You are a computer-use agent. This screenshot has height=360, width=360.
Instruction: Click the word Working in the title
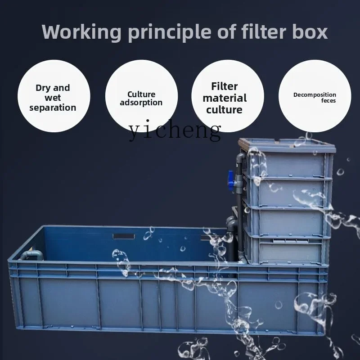pos(81,32)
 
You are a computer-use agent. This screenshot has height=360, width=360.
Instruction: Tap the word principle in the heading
pos(170,32)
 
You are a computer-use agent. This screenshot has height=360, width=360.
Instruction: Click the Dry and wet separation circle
pos(54,96)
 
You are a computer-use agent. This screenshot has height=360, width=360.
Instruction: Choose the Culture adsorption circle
pos(141,96)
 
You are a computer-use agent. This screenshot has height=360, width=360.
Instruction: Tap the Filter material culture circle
pos(228,96)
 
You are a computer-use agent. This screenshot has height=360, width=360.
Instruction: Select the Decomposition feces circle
pos(315,96)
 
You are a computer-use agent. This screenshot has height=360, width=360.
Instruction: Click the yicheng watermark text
pos(175,130)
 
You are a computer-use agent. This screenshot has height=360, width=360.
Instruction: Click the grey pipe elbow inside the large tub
pos(31,255)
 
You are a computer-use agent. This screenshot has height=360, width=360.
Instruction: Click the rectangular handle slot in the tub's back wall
pos(124,236)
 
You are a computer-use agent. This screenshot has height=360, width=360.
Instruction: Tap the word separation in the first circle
pos(53,108)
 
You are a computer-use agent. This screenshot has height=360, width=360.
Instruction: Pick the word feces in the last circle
pos(328,100)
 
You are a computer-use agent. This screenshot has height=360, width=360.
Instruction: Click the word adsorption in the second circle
pos(141,103)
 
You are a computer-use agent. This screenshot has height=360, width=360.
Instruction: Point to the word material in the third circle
pos(225,98)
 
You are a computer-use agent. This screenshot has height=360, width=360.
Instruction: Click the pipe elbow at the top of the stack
pos(241,157)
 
